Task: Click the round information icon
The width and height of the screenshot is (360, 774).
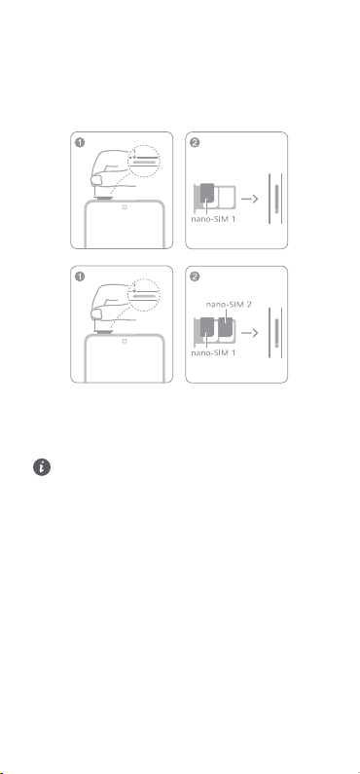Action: coord(42,467)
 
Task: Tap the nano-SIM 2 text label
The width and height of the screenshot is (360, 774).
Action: coord(229,305)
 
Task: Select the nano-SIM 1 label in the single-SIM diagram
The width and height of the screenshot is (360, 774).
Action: coord(213,219)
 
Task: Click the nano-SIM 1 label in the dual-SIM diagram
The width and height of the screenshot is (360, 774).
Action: coord(213,353)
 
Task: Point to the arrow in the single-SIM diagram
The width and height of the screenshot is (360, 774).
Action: coord(250,199)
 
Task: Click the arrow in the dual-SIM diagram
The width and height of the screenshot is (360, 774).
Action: coord(250,333)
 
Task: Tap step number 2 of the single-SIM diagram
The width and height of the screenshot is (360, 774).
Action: coord(195,143)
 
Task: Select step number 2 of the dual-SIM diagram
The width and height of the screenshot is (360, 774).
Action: coord(195,276)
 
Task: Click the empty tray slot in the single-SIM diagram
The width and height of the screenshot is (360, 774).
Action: coord(227,195)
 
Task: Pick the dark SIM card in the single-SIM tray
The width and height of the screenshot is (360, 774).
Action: coord(207,194)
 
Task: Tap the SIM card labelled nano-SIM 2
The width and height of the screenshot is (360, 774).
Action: coord(227,329)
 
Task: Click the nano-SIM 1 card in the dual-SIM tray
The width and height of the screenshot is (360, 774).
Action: coord(207,328)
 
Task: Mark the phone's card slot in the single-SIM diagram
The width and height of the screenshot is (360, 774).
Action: coord(276,199)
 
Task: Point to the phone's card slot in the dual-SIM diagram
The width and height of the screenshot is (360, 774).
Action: coord(276,333)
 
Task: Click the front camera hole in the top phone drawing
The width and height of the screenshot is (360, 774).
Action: coord(125,206)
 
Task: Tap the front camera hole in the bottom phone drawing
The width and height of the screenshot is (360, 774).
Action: coord(125,341)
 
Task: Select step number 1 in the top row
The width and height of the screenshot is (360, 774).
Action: coord(80,143)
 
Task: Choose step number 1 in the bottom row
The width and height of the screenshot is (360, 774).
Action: coord(80,276)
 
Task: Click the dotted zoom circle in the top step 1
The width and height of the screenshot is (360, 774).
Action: coord(144,145)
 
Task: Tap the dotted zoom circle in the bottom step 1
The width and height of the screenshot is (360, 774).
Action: coord(144,278)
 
